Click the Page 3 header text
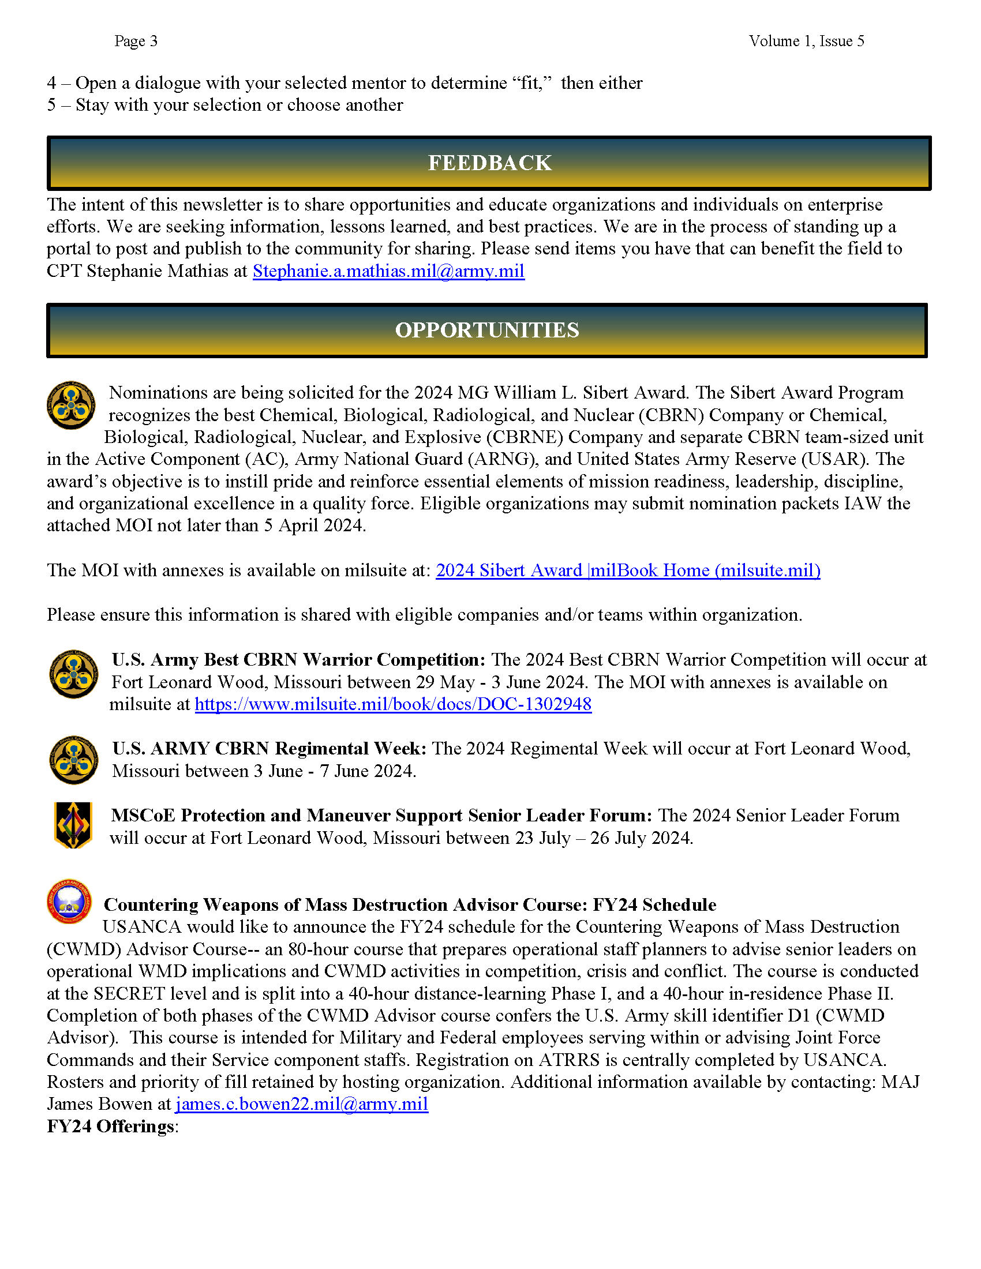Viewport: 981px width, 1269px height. [x=136, y=42]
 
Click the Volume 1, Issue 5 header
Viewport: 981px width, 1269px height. [x=806, y=42]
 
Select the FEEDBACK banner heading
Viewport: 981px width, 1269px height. [x=489, y=163]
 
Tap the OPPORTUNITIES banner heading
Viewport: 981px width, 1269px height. [x=487, y=330]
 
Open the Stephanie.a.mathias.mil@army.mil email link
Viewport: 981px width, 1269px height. [x=388, y=271]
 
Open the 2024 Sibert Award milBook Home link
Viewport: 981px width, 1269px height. [x=628, y=570]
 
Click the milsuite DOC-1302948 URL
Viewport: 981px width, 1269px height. [x=393, y=704]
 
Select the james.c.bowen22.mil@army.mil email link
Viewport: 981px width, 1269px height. [x=302, y=1104]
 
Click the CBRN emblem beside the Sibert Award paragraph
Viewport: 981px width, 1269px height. [x=72, y=406]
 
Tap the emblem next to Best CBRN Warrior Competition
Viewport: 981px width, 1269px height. [x=73, y=674]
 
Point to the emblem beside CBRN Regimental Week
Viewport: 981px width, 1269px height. [x=73, y=760]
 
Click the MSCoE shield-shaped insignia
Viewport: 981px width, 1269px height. [x=73, y=825]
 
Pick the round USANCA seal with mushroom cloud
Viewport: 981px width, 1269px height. [x=69, y=901]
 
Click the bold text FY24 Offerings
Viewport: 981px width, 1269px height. [x=110, y=1127]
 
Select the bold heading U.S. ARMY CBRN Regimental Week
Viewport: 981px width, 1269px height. [x=269, y=749]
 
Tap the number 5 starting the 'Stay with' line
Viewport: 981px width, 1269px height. [x=51, y=105]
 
